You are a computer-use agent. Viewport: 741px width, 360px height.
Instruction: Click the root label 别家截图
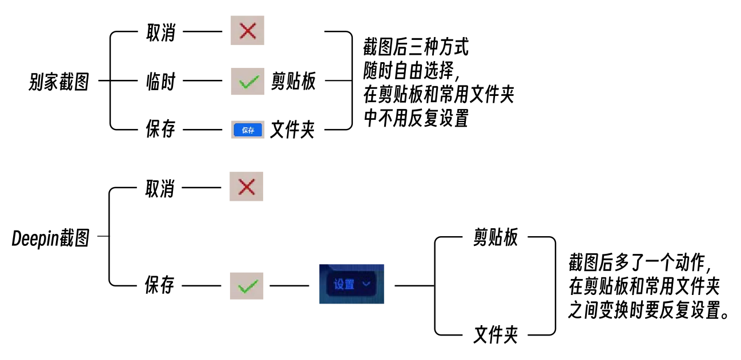pos(59,82)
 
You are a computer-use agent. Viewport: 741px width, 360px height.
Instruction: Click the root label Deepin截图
pos(51,238)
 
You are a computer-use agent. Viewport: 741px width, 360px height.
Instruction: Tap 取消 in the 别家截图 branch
pos(161,33)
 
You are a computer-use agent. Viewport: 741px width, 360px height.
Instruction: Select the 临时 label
pos(161,82)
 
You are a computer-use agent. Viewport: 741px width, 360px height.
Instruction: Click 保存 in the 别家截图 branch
pos(161,129)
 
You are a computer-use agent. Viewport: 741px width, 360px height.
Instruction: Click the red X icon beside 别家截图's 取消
pos(247,30)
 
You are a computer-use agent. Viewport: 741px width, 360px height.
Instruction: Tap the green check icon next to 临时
pos(247,82)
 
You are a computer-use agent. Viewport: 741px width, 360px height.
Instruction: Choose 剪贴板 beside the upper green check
pos(293,81)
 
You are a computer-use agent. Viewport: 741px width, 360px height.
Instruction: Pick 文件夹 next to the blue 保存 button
pos(292,130)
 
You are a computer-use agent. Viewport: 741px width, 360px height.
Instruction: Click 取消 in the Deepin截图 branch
pos(160,189)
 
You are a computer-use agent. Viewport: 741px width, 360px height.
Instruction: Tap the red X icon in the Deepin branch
pos(247,187)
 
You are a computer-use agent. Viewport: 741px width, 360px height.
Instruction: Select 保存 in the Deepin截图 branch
pos(160,285)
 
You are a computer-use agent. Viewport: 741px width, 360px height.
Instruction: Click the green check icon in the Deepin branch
pos(247,286)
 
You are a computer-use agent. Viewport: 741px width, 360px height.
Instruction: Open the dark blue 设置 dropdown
pos(352,284)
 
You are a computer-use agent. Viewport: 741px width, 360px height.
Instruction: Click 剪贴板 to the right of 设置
pos(495,237)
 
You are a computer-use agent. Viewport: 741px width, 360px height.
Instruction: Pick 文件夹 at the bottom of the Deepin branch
pos(495,334)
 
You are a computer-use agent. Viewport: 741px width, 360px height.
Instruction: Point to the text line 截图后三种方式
pos(416,47)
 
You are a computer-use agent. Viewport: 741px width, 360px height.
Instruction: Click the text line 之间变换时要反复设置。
pos(649,310)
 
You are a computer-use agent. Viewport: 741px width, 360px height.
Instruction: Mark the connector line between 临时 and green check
pos(203,80)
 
